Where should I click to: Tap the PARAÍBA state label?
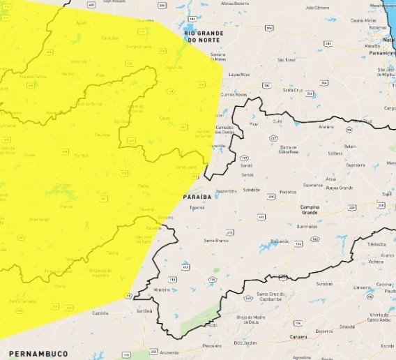tap(197, 198)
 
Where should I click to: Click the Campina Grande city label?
tap(310, 210)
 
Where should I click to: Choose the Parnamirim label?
tap(382, 52)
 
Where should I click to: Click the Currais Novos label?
tap(234, 94)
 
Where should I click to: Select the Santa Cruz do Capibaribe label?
tap(272, 296)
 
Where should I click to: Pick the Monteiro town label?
tap(162, 290)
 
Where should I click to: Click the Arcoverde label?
tap(169, 353)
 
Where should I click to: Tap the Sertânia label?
tap(144, 310)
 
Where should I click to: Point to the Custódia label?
tap(100, 313)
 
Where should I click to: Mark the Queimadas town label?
tap(307, 225)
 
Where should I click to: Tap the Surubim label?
tap(324, 284)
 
